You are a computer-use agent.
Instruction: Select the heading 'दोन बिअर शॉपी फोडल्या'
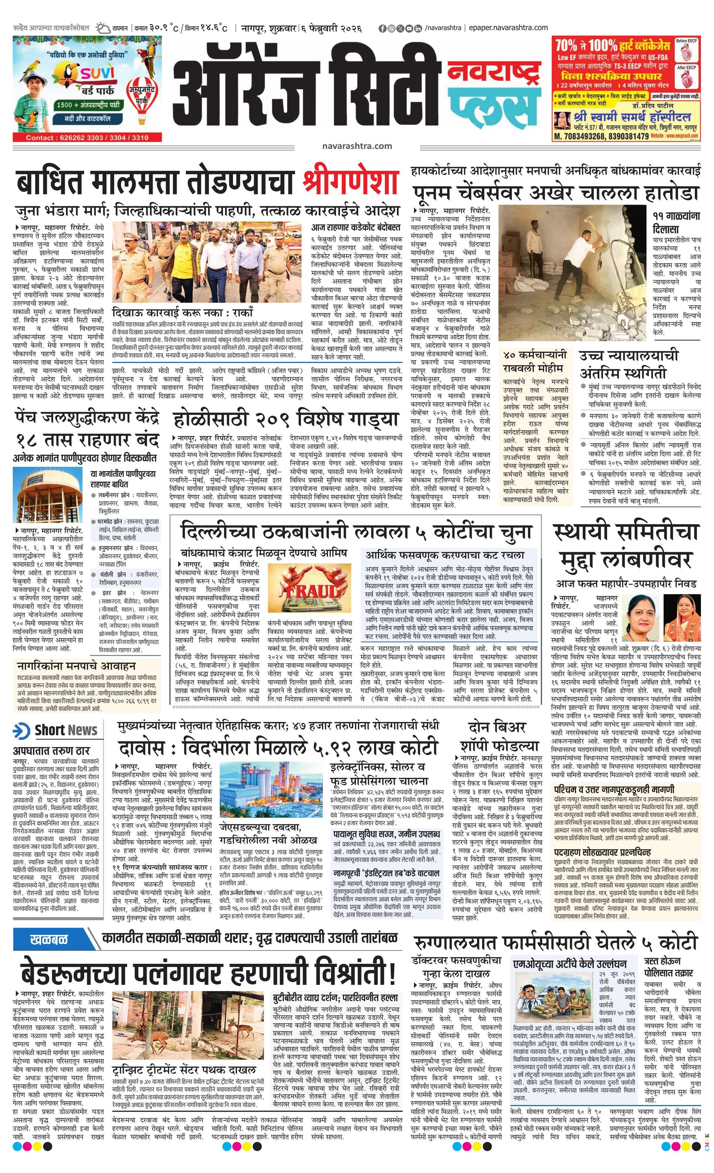point(497,736)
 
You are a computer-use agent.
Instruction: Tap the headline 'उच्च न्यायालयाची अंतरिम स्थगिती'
point(628,364)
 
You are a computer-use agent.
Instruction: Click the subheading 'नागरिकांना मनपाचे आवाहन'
point(76,665)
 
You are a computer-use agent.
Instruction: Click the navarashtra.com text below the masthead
point(357,146)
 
